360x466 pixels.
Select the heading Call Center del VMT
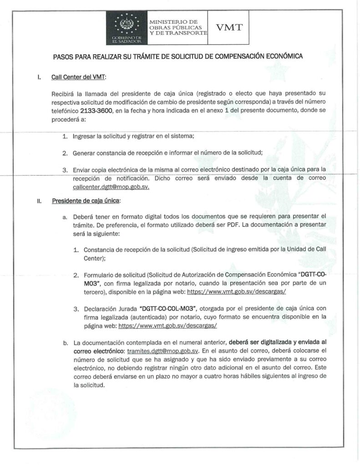pos(78,77)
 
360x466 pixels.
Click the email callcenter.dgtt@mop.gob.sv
pos(111,187)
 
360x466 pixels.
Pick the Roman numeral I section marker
pos(39,77)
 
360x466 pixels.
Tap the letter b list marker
pos(65,342)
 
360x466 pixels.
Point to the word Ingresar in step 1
pos(86,136)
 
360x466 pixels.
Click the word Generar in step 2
pos(86,153)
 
